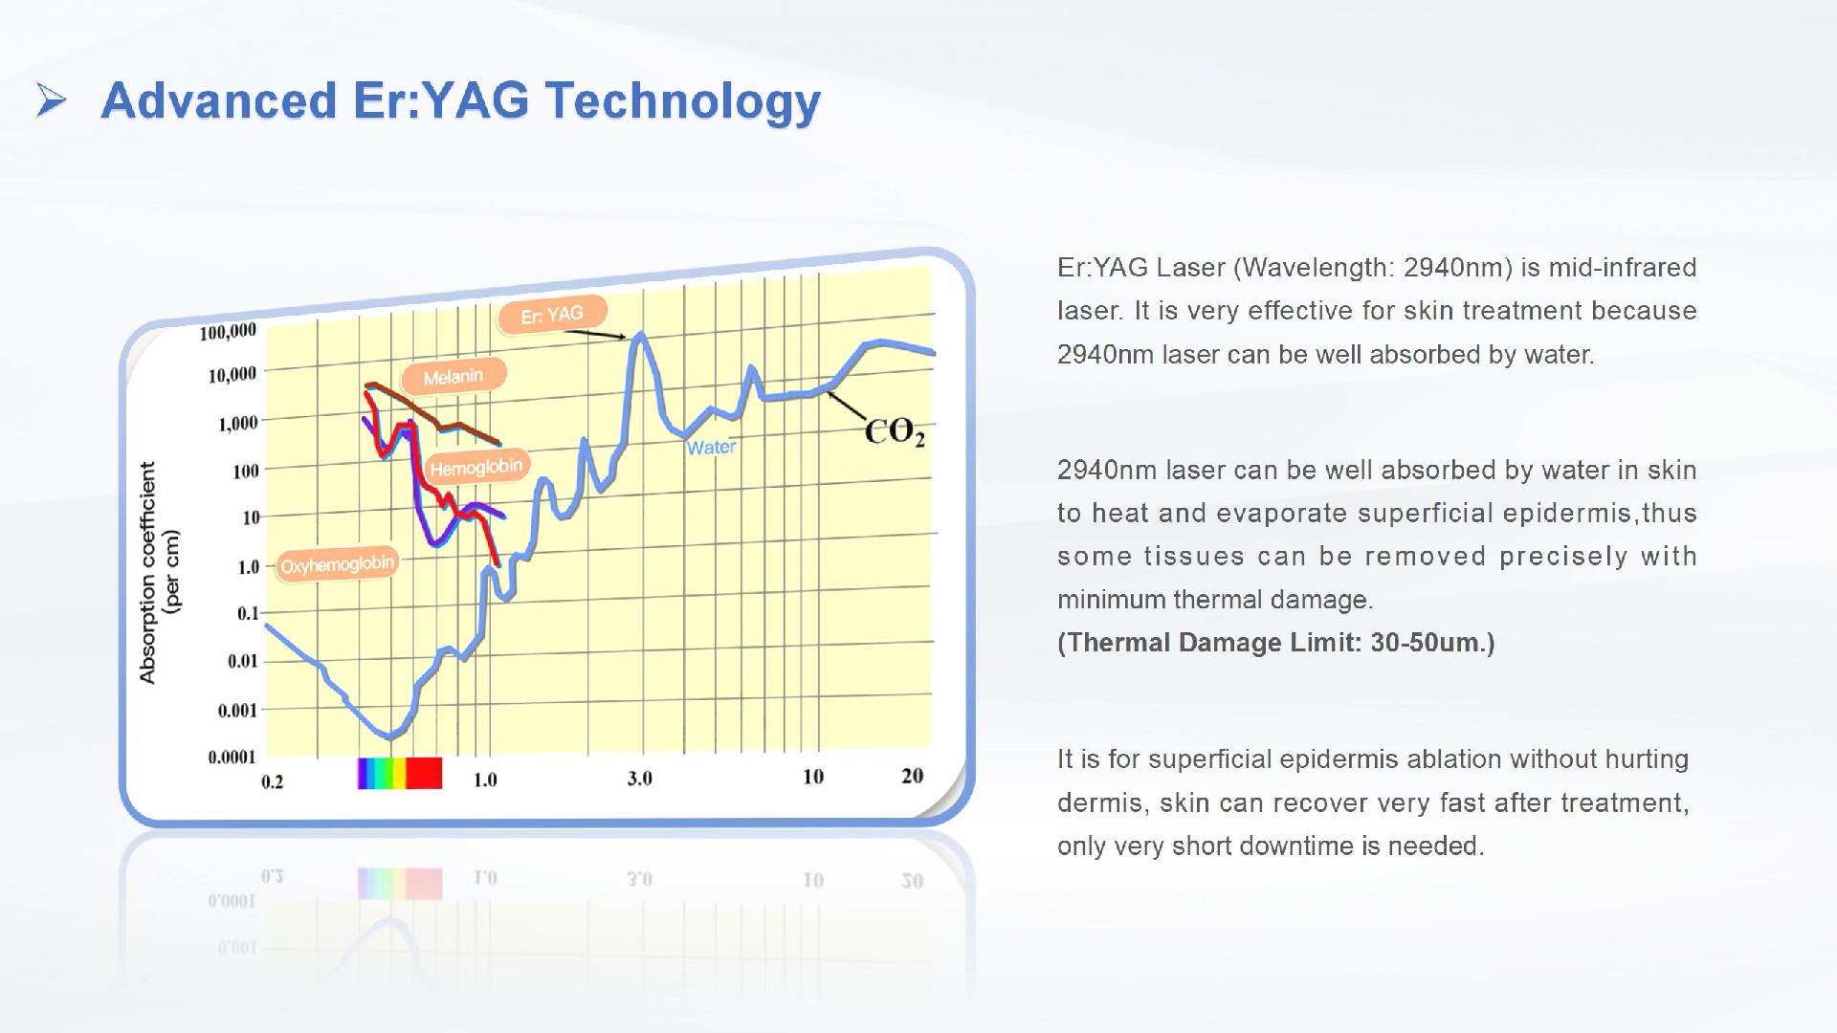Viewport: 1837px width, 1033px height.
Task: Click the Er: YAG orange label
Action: tap(552, 315)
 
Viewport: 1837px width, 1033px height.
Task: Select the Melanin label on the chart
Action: tap(453, 377)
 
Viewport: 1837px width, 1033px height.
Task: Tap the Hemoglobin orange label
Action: tap(476, 468)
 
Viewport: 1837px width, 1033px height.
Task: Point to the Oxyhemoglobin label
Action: tap(337, 564)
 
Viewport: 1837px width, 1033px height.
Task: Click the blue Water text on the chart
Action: tap(711, 448)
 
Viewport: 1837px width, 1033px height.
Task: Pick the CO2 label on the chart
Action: tap(895, 432)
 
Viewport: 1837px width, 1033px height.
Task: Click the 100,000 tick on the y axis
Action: tap(228, 332)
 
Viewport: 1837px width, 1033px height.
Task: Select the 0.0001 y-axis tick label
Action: tap(232, 758)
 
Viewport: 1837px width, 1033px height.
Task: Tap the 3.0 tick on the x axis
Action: tap(639, 779)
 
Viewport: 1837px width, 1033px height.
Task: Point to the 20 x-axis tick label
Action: tap(912, 776)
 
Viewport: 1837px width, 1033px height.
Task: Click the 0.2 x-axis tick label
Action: tap(273, 782)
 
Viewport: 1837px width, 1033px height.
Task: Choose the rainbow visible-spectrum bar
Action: tap(400, 773)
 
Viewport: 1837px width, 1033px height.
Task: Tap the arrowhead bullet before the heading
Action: tap(51, 99)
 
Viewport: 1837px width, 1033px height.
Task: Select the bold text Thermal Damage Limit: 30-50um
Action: tap(1275, 643)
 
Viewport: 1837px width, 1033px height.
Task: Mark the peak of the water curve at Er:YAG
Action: tap(640, 335)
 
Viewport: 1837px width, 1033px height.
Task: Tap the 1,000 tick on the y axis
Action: tap(238, 423)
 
